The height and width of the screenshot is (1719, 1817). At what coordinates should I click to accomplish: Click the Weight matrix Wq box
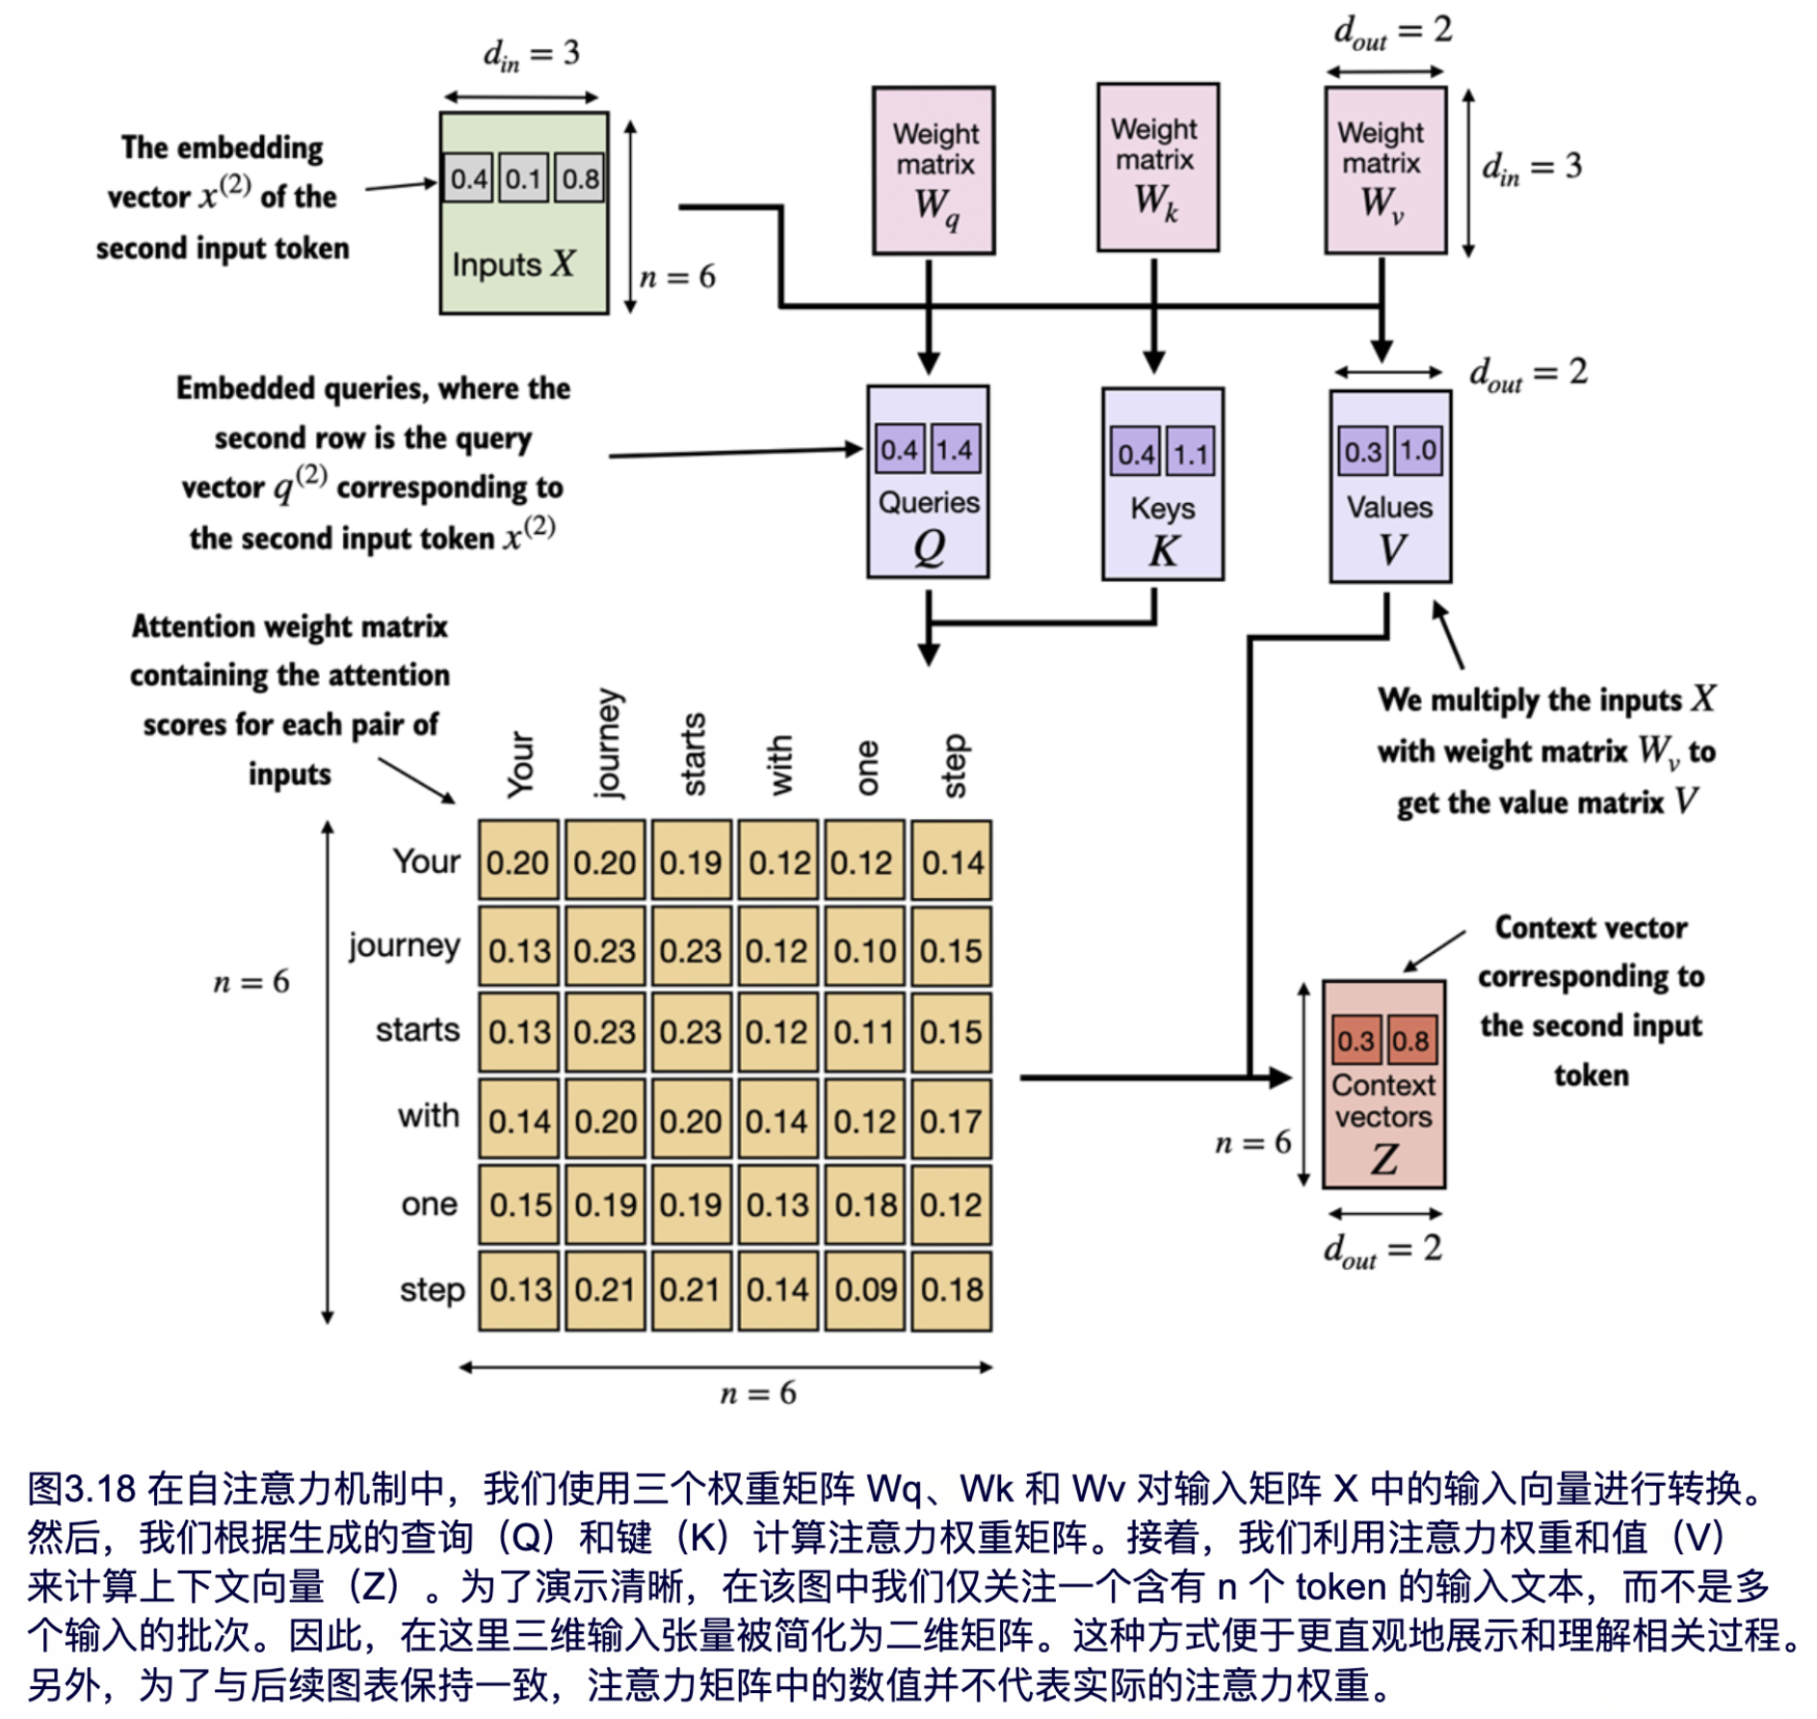click(x=933, y=171)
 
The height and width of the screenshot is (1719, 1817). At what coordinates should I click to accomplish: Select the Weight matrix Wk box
click(x=1157, y=167)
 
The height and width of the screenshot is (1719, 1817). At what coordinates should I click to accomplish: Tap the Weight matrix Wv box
click(x=1384, y=171)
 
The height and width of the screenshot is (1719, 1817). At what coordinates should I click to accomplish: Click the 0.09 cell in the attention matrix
click(x=865, y=1290)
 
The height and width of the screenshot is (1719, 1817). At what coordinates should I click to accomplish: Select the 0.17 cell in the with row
click(x=951, y=1120)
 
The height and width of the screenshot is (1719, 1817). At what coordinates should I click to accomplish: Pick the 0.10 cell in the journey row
click(x=865, y=950)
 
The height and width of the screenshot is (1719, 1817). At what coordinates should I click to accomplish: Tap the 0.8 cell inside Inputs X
click(x=580, y=178)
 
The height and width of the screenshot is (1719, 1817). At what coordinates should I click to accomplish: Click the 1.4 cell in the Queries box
click(x=954, y=449)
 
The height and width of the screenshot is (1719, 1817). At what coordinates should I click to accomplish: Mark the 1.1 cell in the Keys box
click(x=1191, y=453)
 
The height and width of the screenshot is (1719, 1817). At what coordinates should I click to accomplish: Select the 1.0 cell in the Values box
click(x=1417, y=451)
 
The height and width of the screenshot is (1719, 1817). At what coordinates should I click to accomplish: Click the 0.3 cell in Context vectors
click(x=1356, y=1041)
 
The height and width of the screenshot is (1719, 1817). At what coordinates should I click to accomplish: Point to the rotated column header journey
click(x=609, y=744)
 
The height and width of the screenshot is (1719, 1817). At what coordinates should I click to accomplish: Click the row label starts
click(x=417, y=1030)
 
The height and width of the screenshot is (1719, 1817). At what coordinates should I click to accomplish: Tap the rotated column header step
click(x=953, y=766)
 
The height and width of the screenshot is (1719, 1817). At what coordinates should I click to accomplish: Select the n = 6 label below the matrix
click(x=758, y=1392)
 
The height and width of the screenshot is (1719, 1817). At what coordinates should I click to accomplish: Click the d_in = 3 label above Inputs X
click(x=531, y=54)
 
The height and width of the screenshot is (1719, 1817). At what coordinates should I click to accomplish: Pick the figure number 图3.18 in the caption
click(x=81, y=1489)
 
